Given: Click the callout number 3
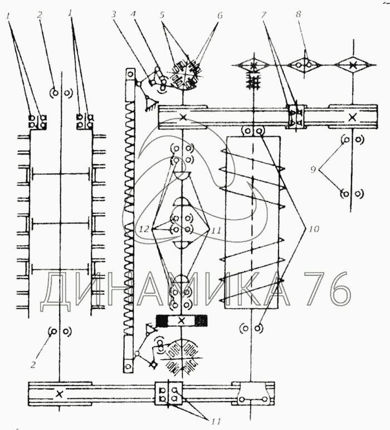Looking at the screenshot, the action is pyautogui.click(x=114, y=15).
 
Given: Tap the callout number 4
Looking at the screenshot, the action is pyautogui.click(x=134, y=15).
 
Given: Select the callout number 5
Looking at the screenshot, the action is pyautogui.click(x=162, y=15).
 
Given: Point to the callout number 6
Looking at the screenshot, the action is pyautogui.click(x=219, y=16).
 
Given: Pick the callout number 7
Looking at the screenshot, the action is pyautogui.click(x=264, y=15).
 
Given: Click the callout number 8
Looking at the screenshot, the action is pyautogui.click(x=298, y=14).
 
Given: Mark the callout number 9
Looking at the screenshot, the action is pyautogui.click(x=313, y=169).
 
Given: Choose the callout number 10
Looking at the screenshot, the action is pyautogui.click(x=314, y=229).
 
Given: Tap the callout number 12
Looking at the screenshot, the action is pyautogui.click(x=144, y=228).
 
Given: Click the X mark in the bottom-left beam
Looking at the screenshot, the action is pyautogui.click(x=59, y=394).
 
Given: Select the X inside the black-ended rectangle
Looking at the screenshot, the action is pyautogui.click(x=181, y=321).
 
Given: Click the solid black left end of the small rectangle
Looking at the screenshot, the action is pyautogui.click(x=162, y=321).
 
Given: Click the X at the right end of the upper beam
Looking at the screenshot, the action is pyautogui.click(x=353, y=118).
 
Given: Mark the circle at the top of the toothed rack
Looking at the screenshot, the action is pyautogui.click(x=130, y=74).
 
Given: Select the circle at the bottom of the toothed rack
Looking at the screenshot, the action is pyautogui.click(x=128, y=366).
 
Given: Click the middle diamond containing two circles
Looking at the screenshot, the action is pyautogui.click(x=304, y=65).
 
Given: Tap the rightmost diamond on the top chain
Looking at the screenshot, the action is pyautogui.click(x=353, y=65).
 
